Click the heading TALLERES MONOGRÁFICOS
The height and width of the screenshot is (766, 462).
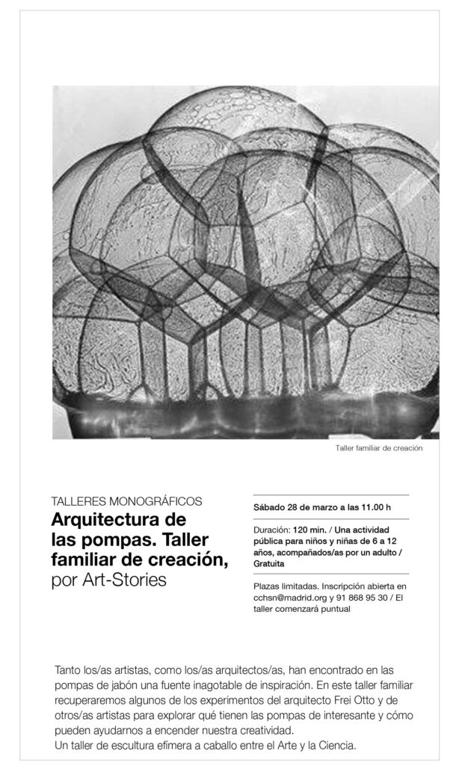126,501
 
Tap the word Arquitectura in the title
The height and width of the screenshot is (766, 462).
118,519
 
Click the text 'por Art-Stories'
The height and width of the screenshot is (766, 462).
109,580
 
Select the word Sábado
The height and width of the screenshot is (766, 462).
269,506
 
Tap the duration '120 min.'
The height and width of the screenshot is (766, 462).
309,529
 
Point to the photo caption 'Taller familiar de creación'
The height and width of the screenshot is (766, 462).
380,449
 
